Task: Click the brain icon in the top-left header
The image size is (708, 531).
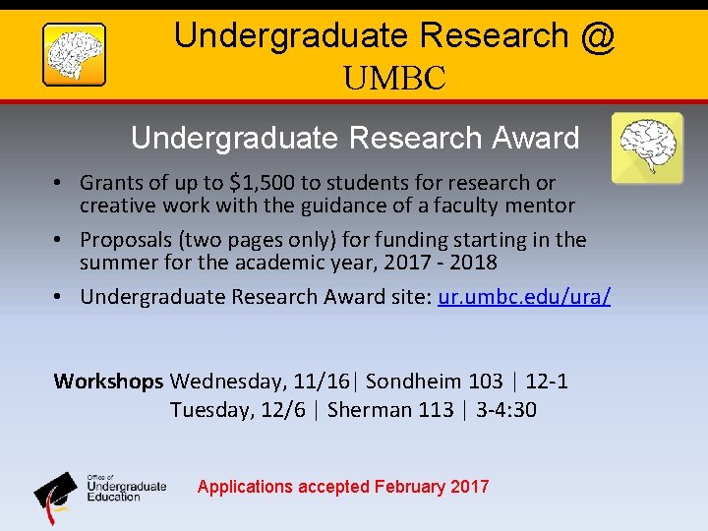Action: click(x=74, y=54)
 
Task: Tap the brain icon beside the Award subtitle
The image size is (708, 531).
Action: click(x=646, y=147)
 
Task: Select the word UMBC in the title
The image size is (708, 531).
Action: click(x=394, y=78)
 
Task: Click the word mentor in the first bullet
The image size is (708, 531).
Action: click(x=541, y=206)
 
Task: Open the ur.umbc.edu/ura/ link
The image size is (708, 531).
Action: click(x=524, y=297)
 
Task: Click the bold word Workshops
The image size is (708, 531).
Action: click(x=108, y=381)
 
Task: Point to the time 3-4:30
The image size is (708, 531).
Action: click(x=506, y=409)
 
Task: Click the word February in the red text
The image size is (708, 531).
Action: click(x=410, y=487)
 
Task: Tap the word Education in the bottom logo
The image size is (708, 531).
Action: click(x=114, y=497)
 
